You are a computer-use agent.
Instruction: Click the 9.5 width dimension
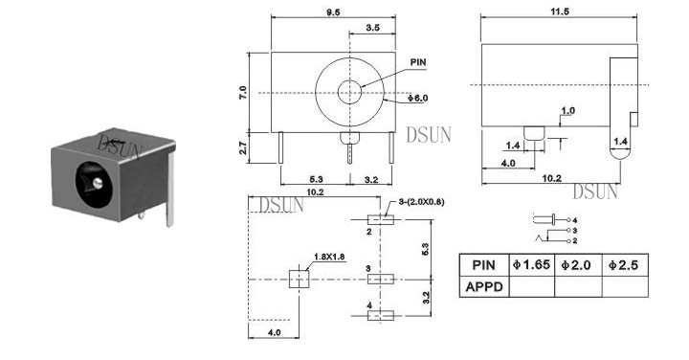click(333, 12)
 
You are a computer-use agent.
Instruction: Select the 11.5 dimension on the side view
click(560, 11)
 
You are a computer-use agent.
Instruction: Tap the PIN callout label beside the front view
click(418, 62)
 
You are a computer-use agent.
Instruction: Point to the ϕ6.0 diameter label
click(417, 98)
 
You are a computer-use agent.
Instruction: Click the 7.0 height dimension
click(243, 92)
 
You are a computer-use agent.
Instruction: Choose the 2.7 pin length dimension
click(243, 148)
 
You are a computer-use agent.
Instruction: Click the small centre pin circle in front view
click(349, 92)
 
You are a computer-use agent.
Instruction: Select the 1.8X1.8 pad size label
click(329, 257)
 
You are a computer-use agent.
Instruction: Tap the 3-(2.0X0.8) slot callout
click(421, 202)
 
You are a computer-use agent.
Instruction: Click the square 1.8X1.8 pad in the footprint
click(300, 279)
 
